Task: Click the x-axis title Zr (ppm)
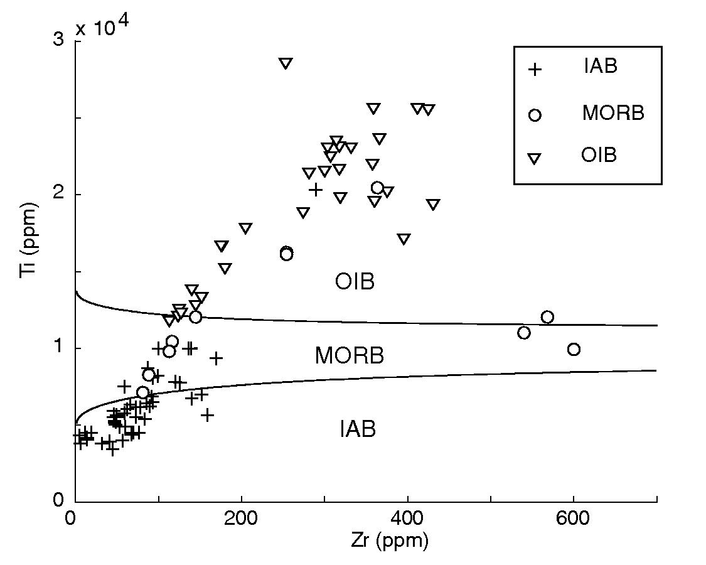390,541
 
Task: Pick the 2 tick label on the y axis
58,195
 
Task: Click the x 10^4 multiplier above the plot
104,28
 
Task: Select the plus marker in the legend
534,69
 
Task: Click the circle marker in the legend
535,115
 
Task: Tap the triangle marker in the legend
534,159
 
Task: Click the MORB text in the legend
612,113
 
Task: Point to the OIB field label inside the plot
355,282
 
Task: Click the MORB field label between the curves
349,356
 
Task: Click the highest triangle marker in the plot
286,63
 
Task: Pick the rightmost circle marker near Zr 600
574,349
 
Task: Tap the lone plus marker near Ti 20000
316,189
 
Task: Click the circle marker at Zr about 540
524,333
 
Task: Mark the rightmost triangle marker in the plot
433,204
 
